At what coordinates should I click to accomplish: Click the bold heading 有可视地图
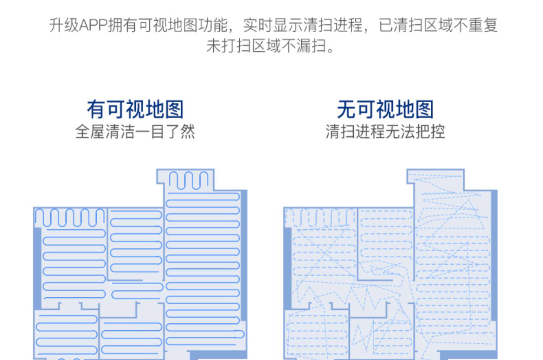[135, 109]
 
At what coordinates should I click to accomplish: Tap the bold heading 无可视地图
[385, 109]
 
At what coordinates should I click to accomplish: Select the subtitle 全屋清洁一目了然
[135, 131]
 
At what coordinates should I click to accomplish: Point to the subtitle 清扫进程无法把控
[385, 131]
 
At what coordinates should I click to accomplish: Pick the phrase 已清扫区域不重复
[438, 26]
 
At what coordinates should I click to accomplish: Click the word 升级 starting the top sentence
[64, 26]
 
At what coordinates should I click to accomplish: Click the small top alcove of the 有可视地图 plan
[188, 180]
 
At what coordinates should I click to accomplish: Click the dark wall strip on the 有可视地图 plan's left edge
[37, 268]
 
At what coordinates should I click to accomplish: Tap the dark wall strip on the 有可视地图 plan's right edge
[244, 254]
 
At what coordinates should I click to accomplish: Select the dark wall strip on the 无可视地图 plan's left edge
[287, 268]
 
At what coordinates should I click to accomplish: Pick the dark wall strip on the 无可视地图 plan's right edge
[494, 254]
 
